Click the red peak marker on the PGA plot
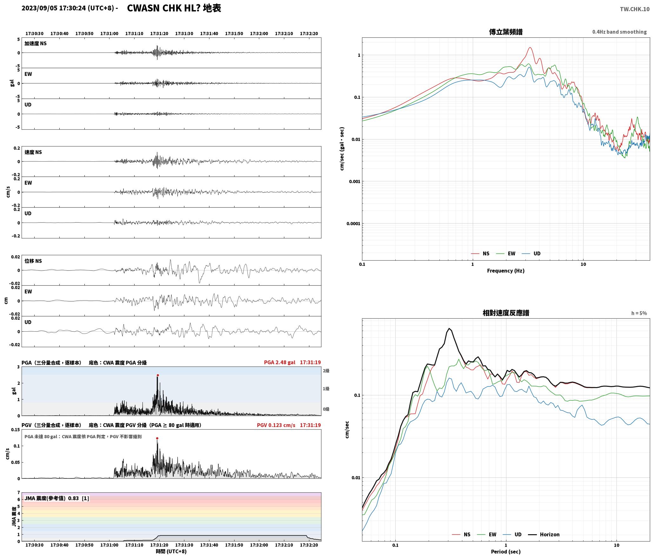158,375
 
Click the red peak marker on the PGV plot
157,438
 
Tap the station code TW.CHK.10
635,9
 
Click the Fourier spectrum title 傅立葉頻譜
506,32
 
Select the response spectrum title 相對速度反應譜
506,313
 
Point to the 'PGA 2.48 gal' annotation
280,362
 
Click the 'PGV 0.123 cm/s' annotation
276,425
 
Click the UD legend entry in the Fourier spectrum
531,253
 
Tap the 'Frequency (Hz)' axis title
506,270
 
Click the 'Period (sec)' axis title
506,551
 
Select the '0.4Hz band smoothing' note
619,32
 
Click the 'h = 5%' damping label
639,313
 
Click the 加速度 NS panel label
36,43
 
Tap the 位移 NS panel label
33,261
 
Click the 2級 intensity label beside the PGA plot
326,371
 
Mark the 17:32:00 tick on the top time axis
259,33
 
